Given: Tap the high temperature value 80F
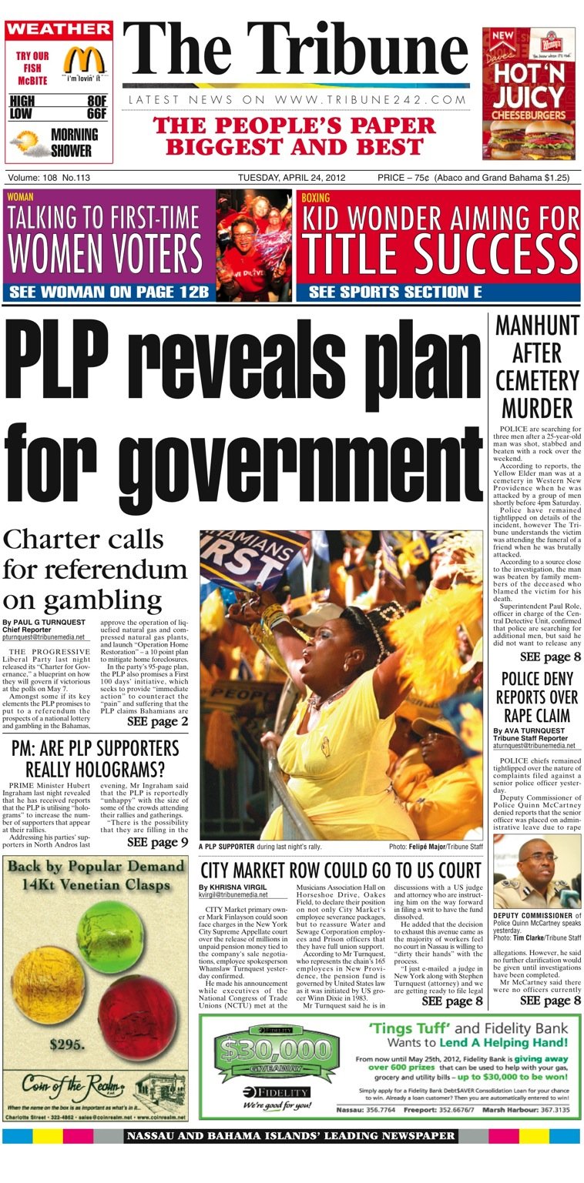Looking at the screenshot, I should pyautogui.click(x=96, y=101).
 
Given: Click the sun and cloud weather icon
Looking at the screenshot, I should pyautogui.click(x=27, y=142).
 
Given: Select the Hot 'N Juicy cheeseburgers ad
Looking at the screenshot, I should pyautogui.click(x=528, y=93).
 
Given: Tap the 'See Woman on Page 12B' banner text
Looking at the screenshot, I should pyautogui.click(x=108, y=292).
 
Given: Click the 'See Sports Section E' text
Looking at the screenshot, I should pyautogui.click(x=400, y=292).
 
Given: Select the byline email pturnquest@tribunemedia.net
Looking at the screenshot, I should pyautogui.click(x=46, y=638).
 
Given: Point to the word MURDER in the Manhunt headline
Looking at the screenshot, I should pyautogui.click(x=537, y=407).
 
